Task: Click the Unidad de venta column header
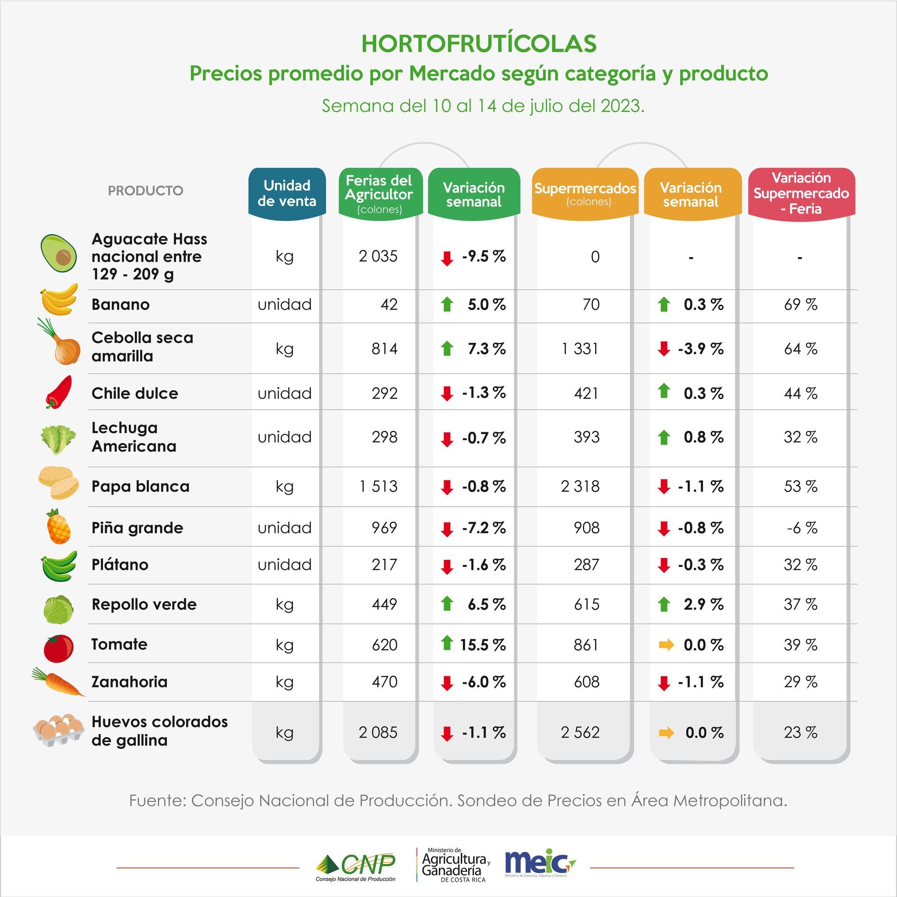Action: (x=287, y=193)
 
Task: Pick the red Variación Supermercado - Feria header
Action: (x=801, y=193)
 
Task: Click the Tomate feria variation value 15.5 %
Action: (x=482, y=644)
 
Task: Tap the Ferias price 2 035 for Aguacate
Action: (x=378, y=256)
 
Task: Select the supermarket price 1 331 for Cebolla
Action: (x=580, y=349)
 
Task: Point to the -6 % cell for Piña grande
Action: (x=802, y=528)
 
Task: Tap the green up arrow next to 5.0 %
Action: (x=447, y=304)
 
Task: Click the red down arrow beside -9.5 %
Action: (x=447, y=258)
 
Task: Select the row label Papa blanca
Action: (x=140, y=487)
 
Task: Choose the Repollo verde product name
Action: (x=144, y=604)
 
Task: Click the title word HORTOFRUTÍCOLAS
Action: (x=479, y=44)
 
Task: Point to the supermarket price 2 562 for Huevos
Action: (x=580, y=732)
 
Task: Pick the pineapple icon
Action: (x=59, y=526)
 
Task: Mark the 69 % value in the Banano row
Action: (x=801, y=304)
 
